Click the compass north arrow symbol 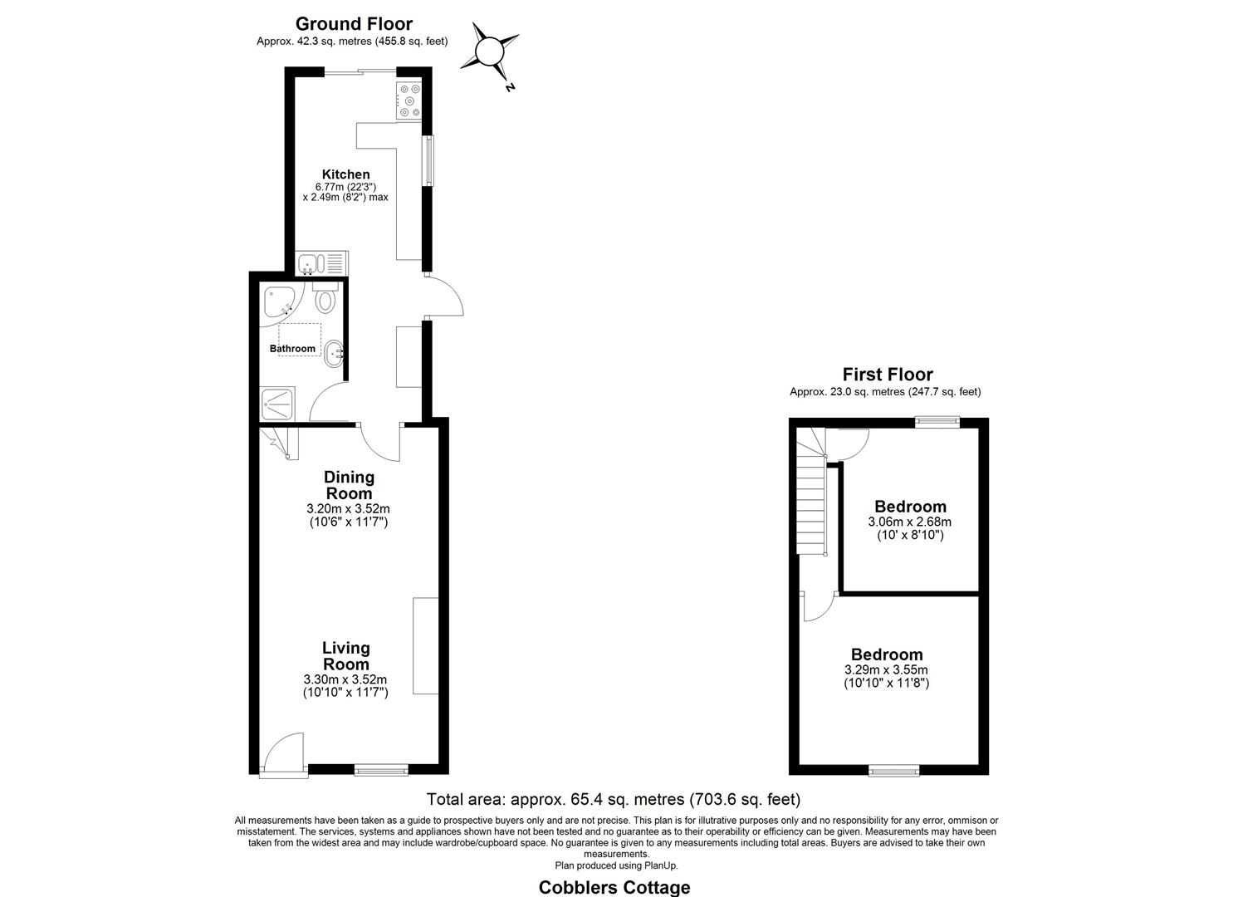490,52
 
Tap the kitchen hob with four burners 409,100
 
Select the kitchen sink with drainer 322,262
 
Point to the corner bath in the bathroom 278,301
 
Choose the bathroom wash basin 335,353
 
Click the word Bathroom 292,349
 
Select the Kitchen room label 346,174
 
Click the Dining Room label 349,485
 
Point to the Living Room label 346,655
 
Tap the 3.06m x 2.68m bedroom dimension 910,522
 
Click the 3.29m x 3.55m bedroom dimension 886,669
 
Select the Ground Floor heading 354,24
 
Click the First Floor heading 887,375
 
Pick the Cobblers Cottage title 614,887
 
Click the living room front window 381,771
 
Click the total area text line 613,799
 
